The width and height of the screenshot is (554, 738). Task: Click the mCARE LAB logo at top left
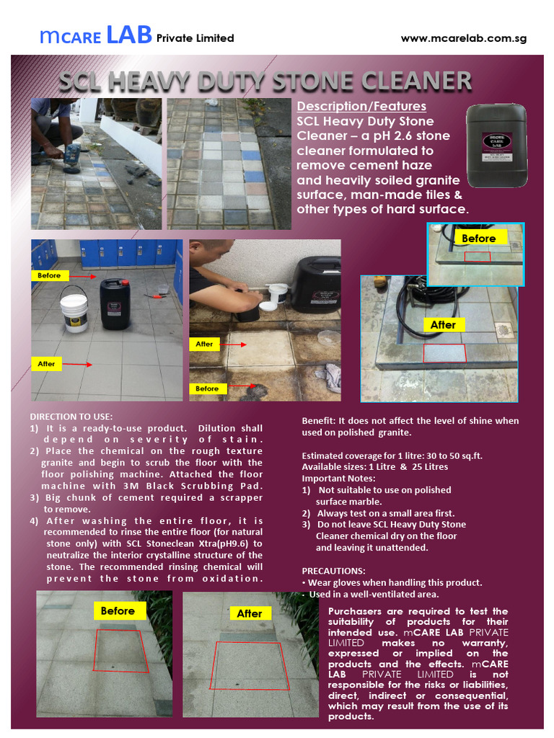pos(97,35)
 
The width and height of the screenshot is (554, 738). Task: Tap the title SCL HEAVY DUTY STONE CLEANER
pos(265,81)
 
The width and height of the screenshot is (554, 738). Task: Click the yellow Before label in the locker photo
pos(50,275)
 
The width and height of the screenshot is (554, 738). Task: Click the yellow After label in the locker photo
pos(46,364)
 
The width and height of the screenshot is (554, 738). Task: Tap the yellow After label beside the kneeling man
pos(205,344)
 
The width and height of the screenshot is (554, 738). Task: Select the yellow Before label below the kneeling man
pos(207,388)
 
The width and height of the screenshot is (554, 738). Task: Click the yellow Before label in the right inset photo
pos(479,239)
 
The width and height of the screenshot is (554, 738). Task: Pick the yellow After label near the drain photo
pos(443,325)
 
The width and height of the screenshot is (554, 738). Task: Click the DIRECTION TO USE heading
pos(71,417)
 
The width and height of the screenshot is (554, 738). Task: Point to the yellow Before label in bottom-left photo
pos(118,611)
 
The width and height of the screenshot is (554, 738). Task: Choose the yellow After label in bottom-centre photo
pos(250,613)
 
